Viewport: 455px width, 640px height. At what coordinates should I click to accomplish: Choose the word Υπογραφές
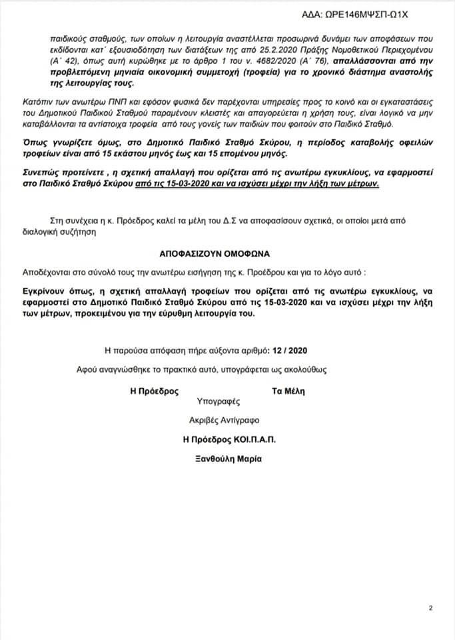pyautogui.click(x=218, y=402)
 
